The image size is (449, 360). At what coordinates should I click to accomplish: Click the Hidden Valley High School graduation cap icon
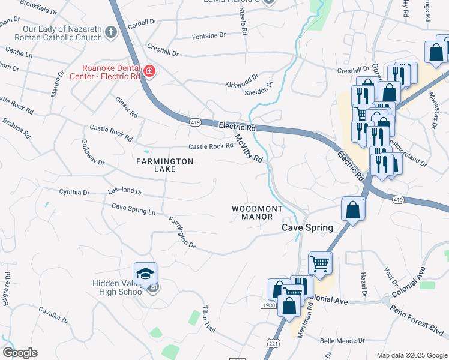145,274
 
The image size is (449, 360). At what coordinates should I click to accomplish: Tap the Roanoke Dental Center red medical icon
149,73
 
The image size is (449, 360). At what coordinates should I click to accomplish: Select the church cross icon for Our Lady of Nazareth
110,32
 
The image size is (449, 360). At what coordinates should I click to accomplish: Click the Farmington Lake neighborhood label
164,165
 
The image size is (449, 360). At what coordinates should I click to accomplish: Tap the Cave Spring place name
308,227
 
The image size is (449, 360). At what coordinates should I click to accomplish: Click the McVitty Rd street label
249,147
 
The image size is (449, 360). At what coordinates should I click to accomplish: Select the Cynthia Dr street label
74,193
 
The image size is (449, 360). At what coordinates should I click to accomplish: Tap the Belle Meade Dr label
342,340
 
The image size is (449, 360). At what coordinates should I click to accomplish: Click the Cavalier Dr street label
54,316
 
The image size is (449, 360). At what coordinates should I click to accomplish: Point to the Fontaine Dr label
209,36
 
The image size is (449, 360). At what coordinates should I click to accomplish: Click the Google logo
20,353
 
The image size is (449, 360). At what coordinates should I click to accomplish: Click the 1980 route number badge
268,306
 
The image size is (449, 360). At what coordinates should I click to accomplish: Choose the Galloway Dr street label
93,153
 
